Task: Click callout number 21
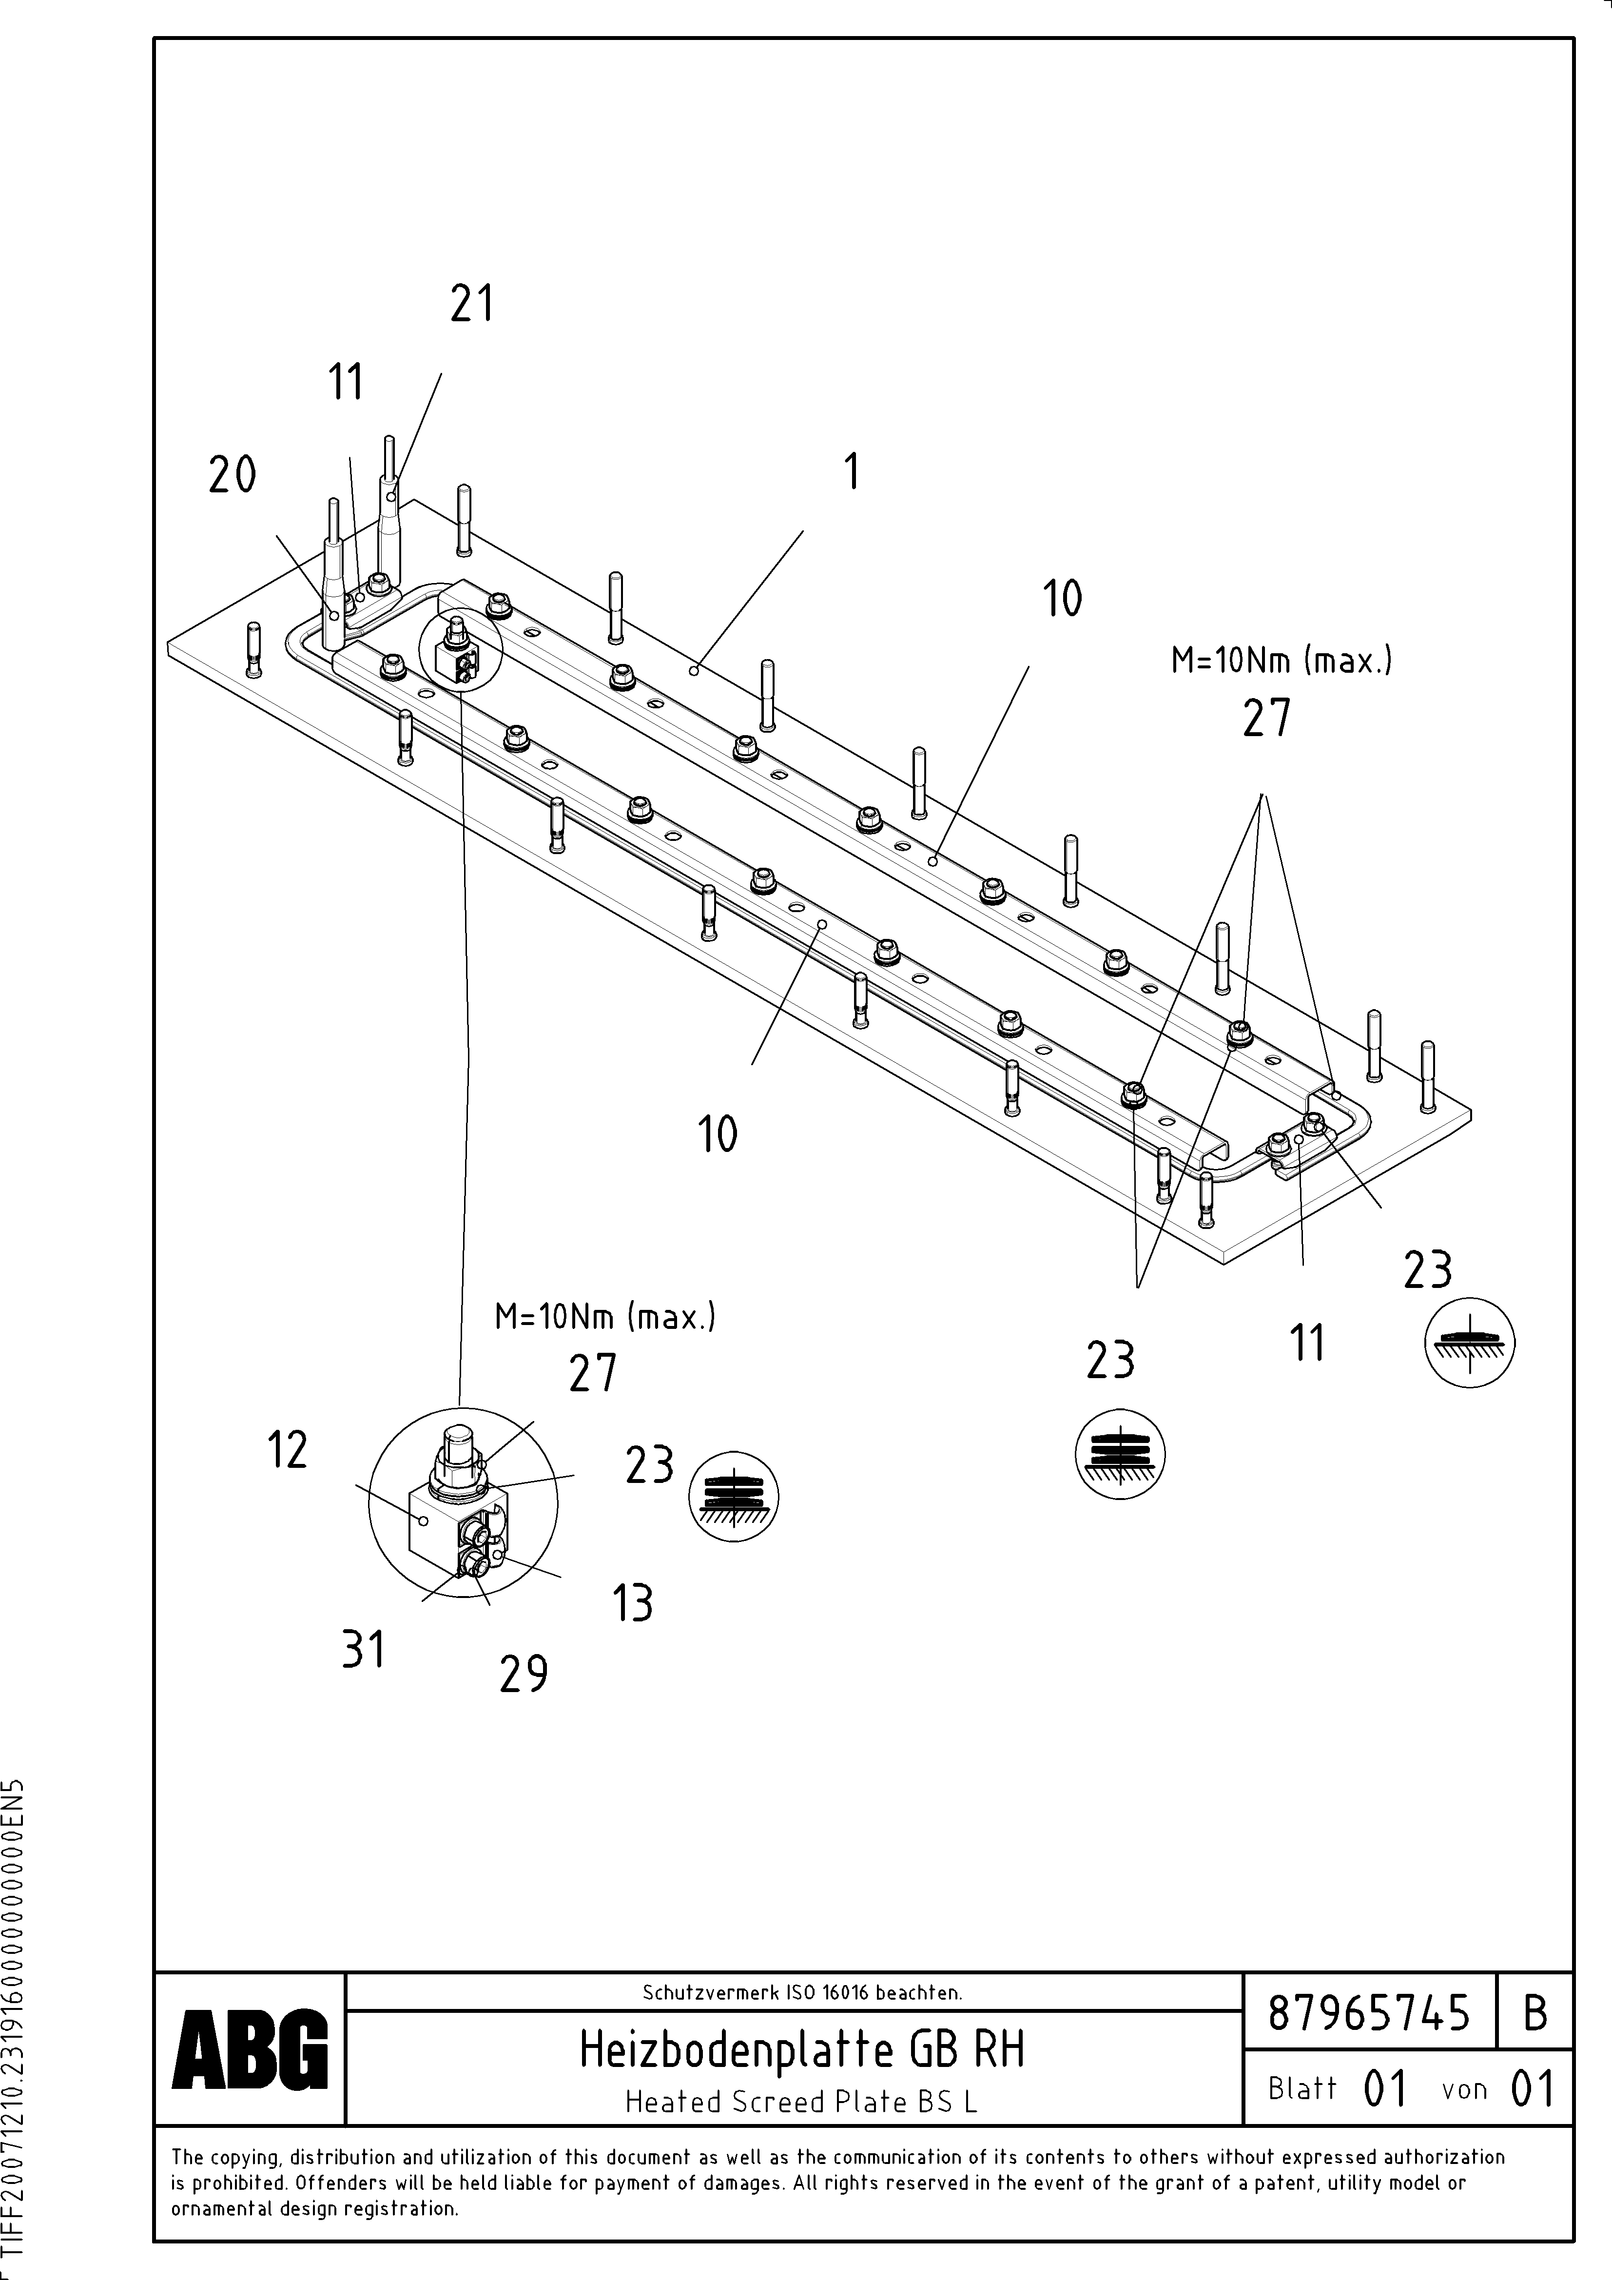pyautogui.click(x=472, y=304)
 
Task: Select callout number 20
pyautogui.click(x=233, y=475)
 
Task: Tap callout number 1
pyautogui.click(x=851, y=472)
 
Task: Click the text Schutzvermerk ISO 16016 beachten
pyautogui.click(x=801, y=1991)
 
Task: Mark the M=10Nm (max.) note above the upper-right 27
pyautogui.click(x=1281, y=661)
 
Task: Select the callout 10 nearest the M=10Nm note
pyautogui.click(x=1062, y=599)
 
